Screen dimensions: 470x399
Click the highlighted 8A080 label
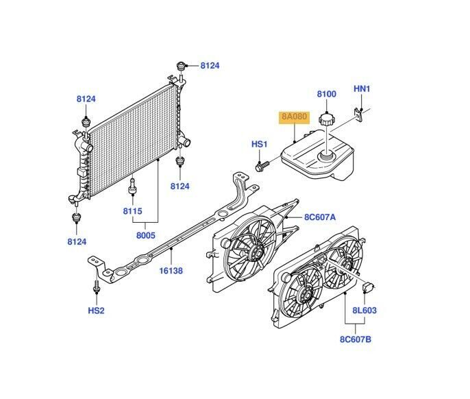pos(295,117)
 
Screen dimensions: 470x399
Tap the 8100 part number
pos(326,94)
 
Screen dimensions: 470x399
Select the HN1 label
pos(362,89)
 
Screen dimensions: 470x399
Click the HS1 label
pos(259,144)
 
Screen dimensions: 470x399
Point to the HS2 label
pos(96,310)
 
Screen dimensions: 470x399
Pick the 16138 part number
pos(171,271)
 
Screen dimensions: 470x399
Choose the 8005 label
pos(146,235)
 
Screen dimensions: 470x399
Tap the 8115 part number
pos(132,211)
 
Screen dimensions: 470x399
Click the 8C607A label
pos(320,217)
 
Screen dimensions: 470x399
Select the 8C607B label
pos(356,339)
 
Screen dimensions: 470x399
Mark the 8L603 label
pos(364,310)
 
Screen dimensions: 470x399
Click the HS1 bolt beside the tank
pos(262,166)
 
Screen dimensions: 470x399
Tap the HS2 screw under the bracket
pos(97,286)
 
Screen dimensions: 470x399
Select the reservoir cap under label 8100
pos(326,119)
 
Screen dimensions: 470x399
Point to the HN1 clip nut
pos(358,114)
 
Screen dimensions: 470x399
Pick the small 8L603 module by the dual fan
pos(368,287)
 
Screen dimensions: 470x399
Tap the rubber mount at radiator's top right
pos(181,66)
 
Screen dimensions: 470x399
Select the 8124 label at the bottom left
pos(77,242)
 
